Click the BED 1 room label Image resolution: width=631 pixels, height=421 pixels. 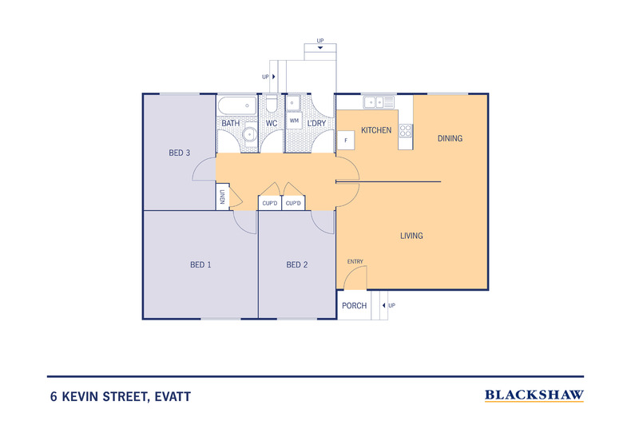click(200, 264)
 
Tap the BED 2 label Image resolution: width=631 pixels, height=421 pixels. click(297, 264)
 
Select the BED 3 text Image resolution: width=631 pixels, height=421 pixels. click(179, 153)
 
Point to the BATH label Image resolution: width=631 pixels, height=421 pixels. click(231, 124)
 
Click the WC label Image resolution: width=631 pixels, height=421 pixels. click(271, 124)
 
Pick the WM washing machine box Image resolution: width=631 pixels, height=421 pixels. click(294, 121)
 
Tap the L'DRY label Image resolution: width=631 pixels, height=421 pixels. click(317, 124)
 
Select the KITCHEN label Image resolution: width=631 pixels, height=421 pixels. click(376, 130)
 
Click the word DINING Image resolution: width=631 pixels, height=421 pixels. click(450, 138)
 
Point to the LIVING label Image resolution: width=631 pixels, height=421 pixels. click(411, 236)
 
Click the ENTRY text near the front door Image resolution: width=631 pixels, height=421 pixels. click(355, 262)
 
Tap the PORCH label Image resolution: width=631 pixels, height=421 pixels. click(354, 306)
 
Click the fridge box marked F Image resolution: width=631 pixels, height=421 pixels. click(346, 141)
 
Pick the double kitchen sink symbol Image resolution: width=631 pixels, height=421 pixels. click(378, 102)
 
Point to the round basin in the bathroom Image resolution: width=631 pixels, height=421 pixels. click(250, 133)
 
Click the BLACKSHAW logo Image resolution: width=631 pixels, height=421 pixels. click(534, 395)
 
